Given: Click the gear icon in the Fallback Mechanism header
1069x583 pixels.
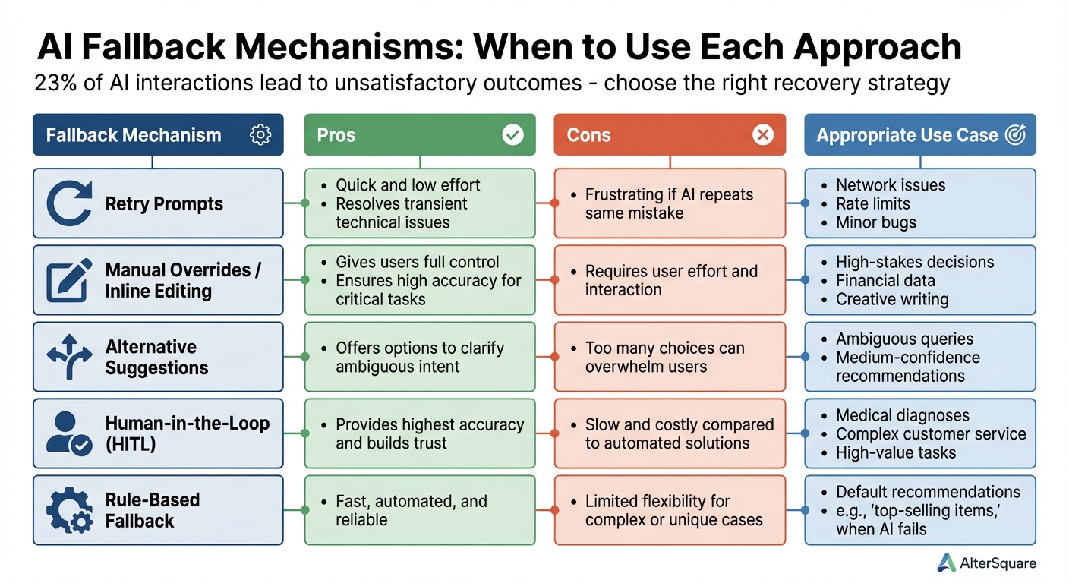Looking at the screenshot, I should (x=260, y=135).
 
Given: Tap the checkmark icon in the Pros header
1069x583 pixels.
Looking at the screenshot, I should (x=512, y=135).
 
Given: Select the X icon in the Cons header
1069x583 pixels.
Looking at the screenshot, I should (x=762, y=135).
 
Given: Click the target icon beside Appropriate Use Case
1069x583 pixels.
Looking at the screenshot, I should (x=1014, y=135).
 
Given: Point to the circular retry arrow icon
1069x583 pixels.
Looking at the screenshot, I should (x=69, y=203).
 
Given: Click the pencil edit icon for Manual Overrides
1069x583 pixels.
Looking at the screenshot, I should (x=69, y=280).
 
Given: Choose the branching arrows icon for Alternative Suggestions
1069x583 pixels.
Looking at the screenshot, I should (x=69, y=357).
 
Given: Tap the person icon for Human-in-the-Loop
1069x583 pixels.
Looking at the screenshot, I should (x=69, y=433).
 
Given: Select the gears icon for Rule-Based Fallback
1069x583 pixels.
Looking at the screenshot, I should (x=69, y=510).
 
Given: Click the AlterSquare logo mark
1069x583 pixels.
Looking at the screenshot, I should (x=946, y=563).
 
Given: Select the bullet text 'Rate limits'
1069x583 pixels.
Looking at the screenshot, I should (x=872, y=203).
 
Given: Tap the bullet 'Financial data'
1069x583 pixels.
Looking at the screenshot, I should (x=885, y=280).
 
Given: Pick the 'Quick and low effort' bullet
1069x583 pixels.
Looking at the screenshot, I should (x=408, y=185).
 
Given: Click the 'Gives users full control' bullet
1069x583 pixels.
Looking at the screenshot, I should (x=417, y=262).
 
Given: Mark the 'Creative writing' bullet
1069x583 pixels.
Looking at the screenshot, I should (x=892, y=299).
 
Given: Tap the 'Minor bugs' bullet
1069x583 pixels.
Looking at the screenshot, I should (x=875, y=222).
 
